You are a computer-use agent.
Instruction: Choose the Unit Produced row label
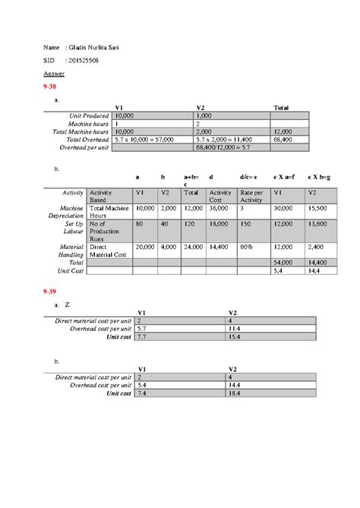88,115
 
